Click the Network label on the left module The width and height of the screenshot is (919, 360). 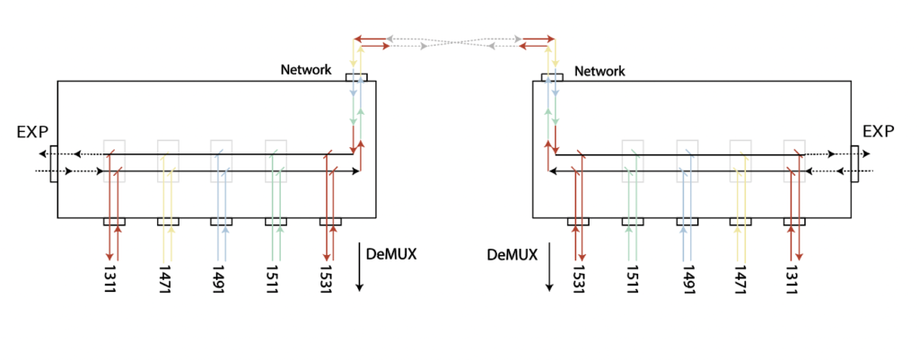[306, 70]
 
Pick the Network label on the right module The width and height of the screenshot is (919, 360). [600, 70]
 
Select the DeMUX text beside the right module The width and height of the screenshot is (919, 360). [512, 255]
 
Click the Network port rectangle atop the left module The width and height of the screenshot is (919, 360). [356, 78]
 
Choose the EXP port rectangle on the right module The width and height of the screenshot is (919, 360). [853, 162]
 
